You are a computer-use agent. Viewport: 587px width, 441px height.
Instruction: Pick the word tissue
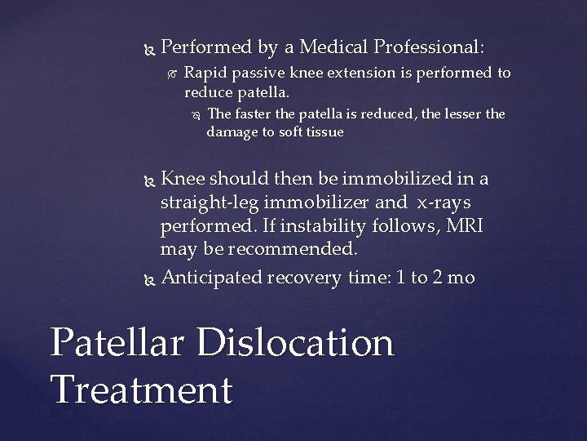tap(324, 131)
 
